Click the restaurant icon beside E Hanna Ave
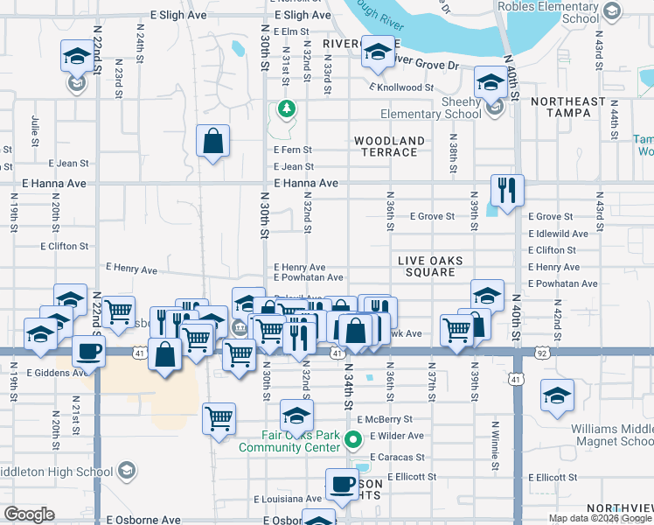pyautogui.click(x=506, y=188)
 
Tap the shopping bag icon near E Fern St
pyautogui.click(x=212, y=140)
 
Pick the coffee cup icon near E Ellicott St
pyautogui.click(x=342, y=483)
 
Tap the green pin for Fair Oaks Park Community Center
pyautogui.click(x=353, y=440)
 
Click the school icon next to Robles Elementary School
pyautogui.click(x=610, y=11)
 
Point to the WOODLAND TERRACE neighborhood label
pyautogui.click(x=389, y=146)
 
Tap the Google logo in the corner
pyautogui.click(x=29, y=514)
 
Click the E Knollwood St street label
pyautogui.click(x=401, y=87)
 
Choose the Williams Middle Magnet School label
pyautogui.click(x=611, y=435)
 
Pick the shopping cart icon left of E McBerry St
pyautogui.click(x=218, y=417)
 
